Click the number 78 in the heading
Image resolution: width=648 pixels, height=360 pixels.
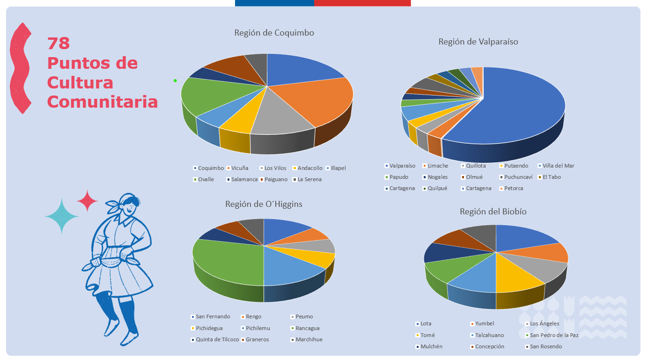coord(59,44)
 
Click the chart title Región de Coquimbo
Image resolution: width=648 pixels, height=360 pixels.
coord(274,33)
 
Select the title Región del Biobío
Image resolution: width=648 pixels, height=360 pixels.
coord(493,212)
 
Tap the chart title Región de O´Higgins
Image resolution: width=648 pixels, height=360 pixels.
coord(264,204)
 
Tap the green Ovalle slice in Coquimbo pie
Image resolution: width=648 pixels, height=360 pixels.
coord(211,94)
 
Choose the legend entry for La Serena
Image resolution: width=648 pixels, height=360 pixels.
coord(309,179)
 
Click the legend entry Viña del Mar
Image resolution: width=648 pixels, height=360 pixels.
coord(558,166)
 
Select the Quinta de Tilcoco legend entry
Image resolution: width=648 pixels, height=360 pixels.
coord(217,339)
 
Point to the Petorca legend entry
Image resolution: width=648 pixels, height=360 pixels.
coord(514,188)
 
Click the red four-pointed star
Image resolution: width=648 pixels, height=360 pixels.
coord(87,201)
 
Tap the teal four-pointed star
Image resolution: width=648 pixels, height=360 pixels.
coord(62,216)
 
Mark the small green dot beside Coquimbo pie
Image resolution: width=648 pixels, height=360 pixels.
coord(175,81)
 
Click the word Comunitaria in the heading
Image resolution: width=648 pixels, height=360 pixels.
coord(102,102)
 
